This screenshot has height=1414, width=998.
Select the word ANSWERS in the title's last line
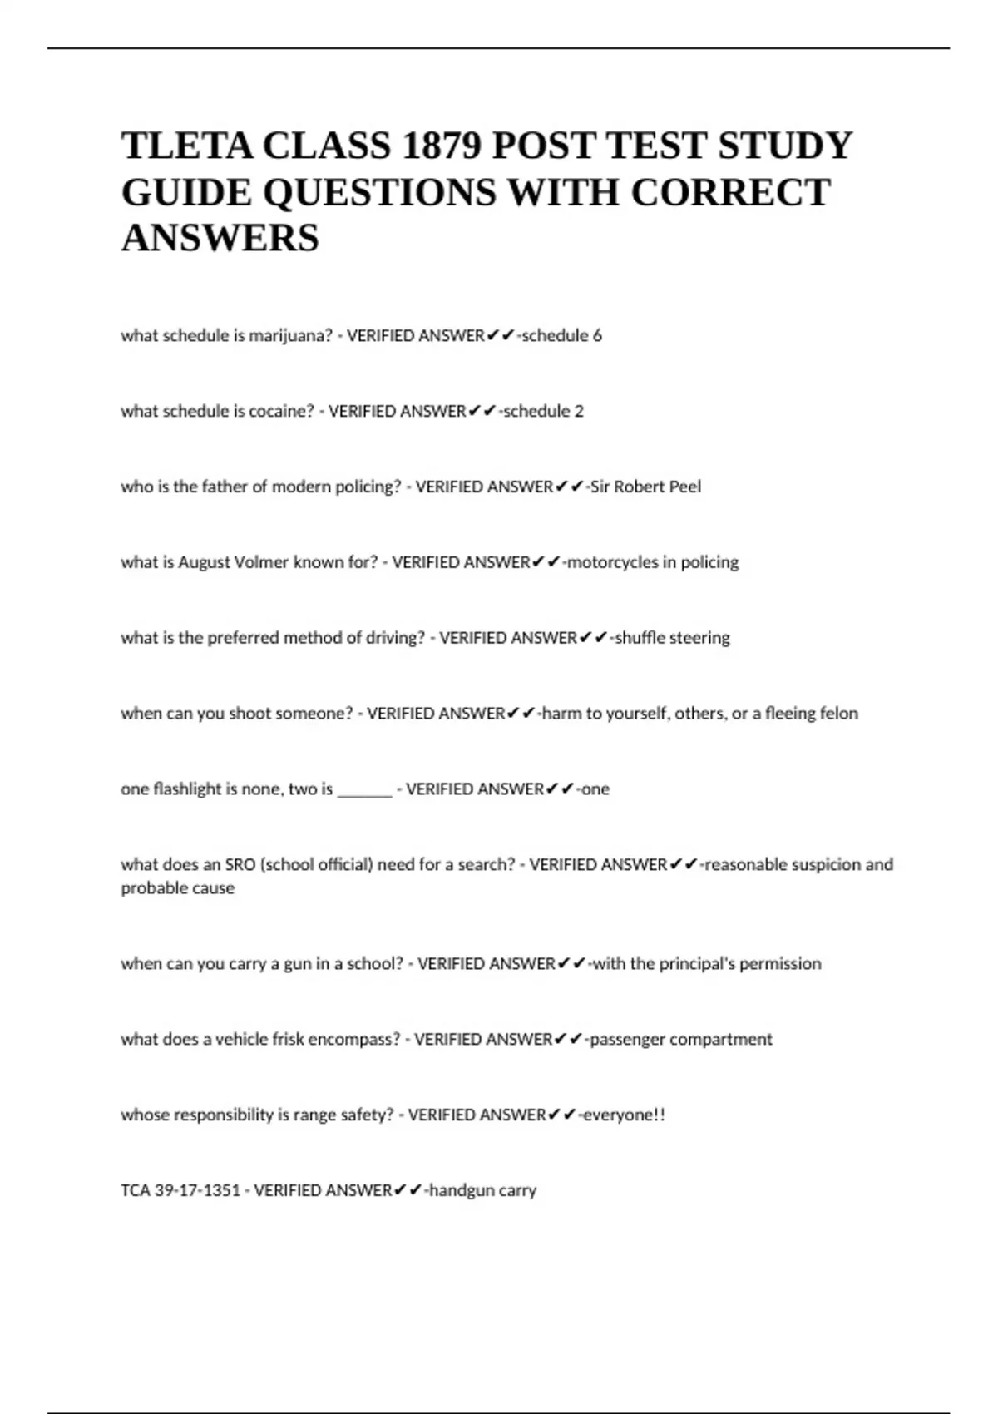[x=220, y=238]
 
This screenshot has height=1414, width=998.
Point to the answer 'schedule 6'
[x=561, y=336]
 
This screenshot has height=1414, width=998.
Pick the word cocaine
[x=279, y=412]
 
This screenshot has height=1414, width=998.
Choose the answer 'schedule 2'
[x=544, y=412]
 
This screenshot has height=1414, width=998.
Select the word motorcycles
[x=610, y=562]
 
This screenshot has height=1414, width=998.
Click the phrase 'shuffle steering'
[x=672, y=638]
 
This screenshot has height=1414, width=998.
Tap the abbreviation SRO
[x=240, y=865]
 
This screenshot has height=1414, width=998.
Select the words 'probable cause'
[x=178, y=888]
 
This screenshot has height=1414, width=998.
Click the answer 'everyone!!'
[x=624, y=1115]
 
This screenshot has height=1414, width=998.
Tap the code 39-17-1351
[x=197, y=1191]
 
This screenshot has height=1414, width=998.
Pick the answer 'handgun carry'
[x=483, y=1191]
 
